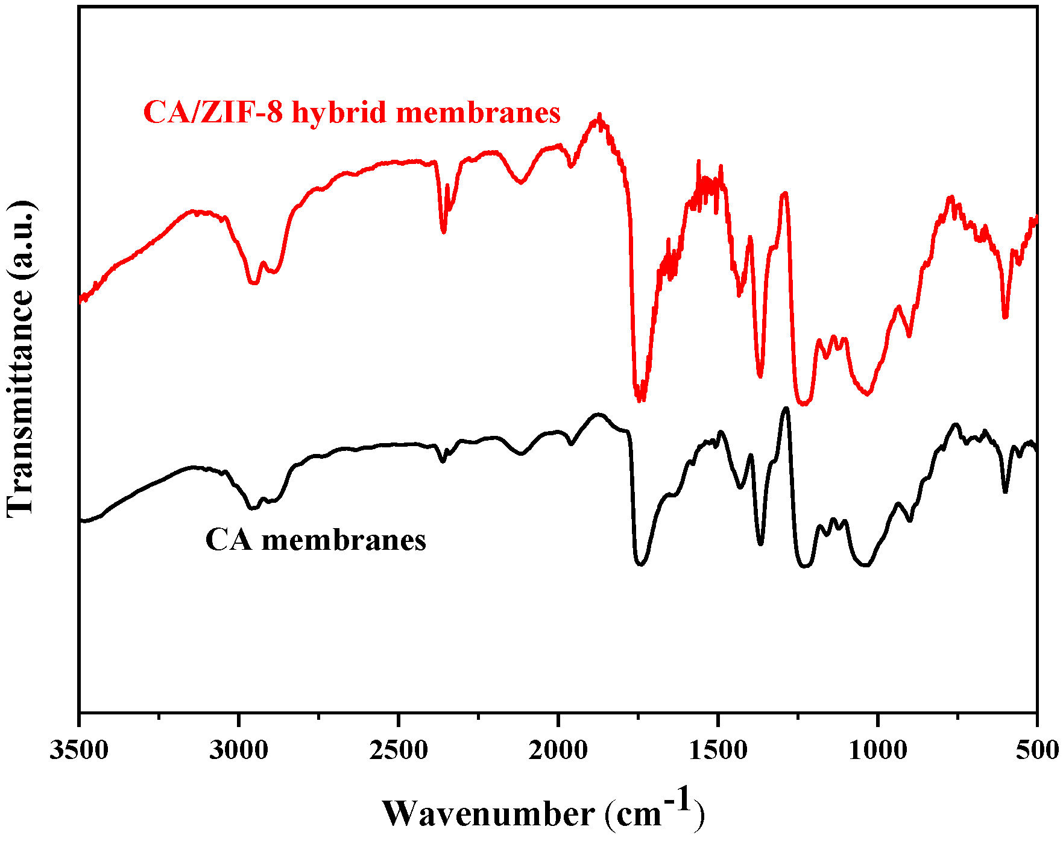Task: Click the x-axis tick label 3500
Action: (80, 751)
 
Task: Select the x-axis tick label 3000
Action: (239, 751)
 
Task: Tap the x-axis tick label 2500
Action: (399, 751)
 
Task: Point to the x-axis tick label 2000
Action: (558, 751)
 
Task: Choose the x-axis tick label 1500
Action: (718, 751)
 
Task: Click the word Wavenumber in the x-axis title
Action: (488, 814)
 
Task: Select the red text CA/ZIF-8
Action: (212, 112)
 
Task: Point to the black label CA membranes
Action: (315, 540)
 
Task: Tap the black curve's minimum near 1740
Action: (640, 564)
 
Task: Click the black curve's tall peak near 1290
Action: (786, 409)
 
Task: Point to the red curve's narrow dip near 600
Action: (1005, 317)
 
